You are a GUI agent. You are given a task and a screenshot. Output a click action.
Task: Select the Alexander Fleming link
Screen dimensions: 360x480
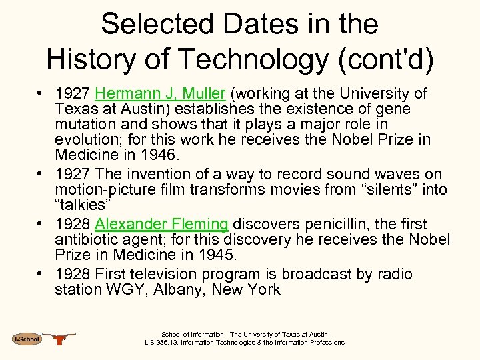(162, 224)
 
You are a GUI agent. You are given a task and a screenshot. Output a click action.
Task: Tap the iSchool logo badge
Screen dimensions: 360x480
(27, 339)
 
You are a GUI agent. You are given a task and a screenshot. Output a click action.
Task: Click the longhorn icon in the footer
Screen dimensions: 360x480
(61, 339)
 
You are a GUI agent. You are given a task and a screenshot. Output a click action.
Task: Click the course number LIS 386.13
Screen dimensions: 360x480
(167, 343)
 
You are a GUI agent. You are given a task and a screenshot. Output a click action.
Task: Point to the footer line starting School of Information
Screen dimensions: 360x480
(245, 335)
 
